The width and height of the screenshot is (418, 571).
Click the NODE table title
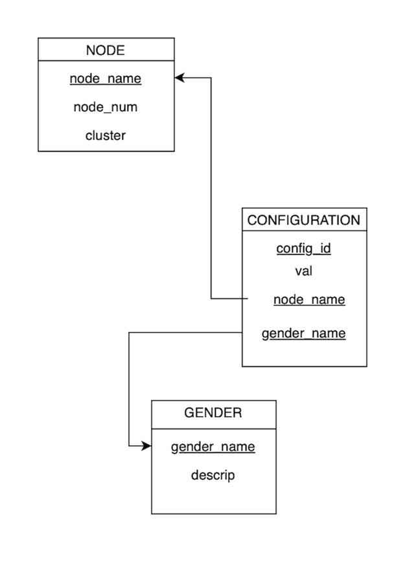pyautogui.click(x=106, y=50)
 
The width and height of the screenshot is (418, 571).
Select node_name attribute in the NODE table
pyautogui.click(x=106, y=79)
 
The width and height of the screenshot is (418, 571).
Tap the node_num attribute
pyautogui.click(x=106, y=107)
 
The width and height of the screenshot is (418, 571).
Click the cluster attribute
pyautogui.click(x=106, y=135)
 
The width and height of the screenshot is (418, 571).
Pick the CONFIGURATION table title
pyautogui.click(x=304, y=220)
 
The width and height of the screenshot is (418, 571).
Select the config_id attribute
pyautogui.click(x=304, y=248)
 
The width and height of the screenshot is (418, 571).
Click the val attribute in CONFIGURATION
pyautogui.click(x=304, y=271)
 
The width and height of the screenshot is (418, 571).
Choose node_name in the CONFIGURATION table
pyautogui.click(x=309, y=299)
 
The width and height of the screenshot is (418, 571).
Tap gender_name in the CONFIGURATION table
pyautogui.click(x=303, y=334)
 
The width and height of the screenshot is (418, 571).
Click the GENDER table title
pyautogui.click(x=213, y=414)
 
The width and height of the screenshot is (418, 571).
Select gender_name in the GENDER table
pyautogui.click(x=213, y=447)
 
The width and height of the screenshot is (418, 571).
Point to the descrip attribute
pyautogui.click(x=213, y=475)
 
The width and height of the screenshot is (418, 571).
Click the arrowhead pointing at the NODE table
pyautogui.click(x=180, y=78)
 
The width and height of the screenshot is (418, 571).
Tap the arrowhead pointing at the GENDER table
pyautogui.click(x=146, y=447)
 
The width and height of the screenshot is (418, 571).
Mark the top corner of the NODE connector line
pyautogui.click(x=211, y=78)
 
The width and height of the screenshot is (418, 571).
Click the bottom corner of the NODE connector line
pyautogui.click(x=211, y=299)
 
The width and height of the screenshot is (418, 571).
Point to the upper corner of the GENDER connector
pyautogui.click(x=130, y=332)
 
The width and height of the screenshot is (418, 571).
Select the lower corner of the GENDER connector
pyautogui.click(x=130, y=447)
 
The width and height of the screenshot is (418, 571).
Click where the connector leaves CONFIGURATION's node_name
pyautogui.click(x=248, y=299)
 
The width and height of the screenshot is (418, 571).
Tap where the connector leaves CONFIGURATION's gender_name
pyautogui.click(x=242, y=332)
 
